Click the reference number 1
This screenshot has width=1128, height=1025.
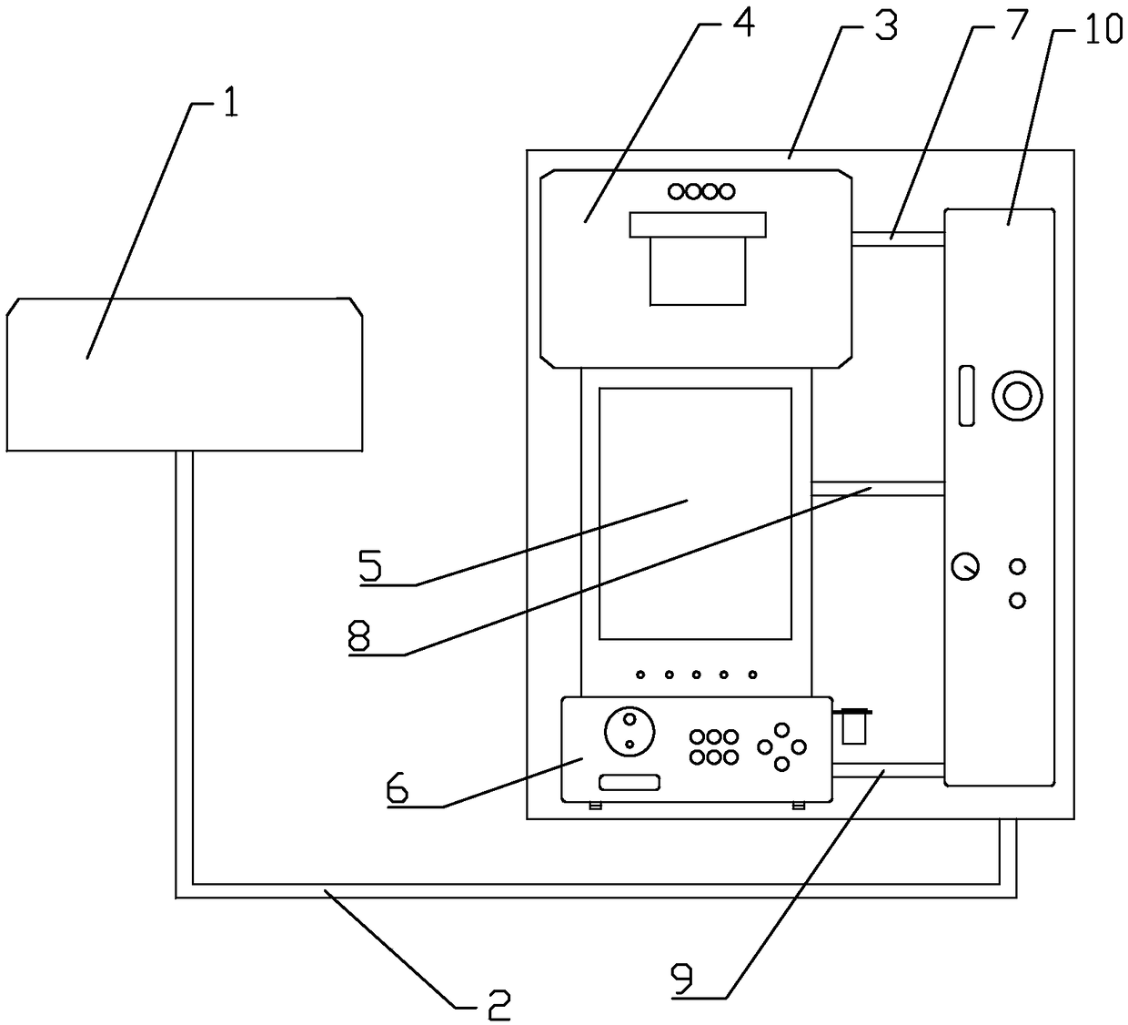(230, 105)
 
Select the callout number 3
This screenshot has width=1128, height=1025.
(885, 27)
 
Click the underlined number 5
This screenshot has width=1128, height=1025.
(371, 566)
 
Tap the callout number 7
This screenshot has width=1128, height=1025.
(1014, 27)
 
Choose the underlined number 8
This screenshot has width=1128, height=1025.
(359, 636)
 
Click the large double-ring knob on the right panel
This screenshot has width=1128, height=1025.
(1016, 395)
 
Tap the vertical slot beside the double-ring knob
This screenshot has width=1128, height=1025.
(966, 396)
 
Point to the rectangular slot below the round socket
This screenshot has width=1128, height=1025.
(629, 783)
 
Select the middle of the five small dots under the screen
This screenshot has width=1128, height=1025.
(697, 675)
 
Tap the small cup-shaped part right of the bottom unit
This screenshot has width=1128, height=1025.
(854, 726)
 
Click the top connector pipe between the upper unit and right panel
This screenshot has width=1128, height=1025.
(898, 238)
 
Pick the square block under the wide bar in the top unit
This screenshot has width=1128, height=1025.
(698, 270)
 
